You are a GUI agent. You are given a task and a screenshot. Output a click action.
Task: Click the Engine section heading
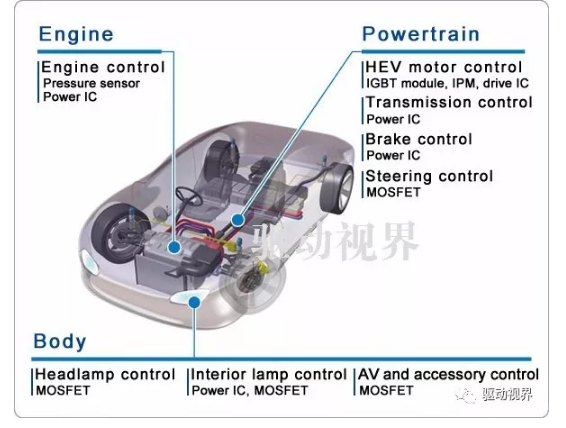[x=76, y=34]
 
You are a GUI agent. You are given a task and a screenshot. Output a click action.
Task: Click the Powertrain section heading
[x=421, y=34]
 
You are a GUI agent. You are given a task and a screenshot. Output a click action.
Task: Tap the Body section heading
[x=60, y=341]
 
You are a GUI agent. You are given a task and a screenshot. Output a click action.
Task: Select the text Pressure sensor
[x=91, y=83]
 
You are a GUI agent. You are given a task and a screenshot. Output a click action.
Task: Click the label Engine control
[x=103, y=67]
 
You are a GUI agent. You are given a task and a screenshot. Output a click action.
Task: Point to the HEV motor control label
[x=444, y=67]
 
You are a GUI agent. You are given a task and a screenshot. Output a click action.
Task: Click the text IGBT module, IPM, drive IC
[x=447, y=83]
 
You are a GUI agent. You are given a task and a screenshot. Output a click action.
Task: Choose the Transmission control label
[x=449, y=102]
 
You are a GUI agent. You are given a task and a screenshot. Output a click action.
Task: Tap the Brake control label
[x=419, y=139]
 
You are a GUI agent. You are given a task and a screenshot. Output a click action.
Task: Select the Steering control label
[x=429, y=176]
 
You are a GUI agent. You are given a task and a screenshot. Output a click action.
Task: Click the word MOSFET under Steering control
[x=393, y=192]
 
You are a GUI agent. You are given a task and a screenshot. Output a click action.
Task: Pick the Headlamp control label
[x=105, y=375]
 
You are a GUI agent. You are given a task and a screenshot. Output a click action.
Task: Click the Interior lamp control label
[x=269, y=375]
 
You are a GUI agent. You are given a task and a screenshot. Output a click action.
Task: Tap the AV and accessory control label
[x=448, y=375]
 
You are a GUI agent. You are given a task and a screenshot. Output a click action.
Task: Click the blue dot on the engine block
[x=175, y=248]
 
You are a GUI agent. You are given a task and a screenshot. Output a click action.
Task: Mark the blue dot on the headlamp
[x=195, y=302]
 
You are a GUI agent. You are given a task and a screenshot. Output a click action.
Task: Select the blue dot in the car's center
[x=238, y=220]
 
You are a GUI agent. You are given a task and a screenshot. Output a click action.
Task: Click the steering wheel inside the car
[x=188, y=197]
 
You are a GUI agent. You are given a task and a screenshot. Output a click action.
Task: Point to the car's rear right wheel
[x=336, y=188]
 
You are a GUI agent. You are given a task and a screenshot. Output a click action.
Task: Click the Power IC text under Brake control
[x=393, y=156]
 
